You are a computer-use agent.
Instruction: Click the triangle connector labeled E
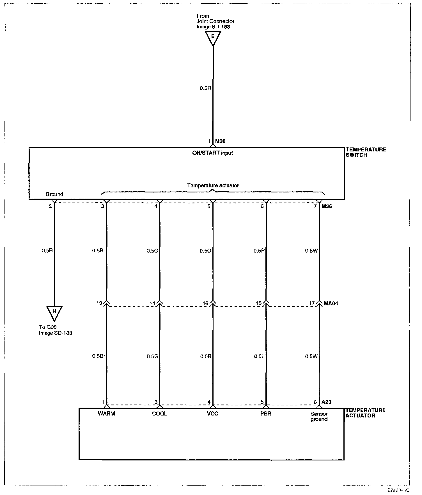click(x=213, y=37)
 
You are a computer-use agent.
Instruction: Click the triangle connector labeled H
click(x=54, y=312)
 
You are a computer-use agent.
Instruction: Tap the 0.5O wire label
click(x=205, y=251)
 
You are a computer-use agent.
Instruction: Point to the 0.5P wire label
click(x=259, y=251)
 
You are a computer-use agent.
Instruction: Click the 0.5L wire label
click(x=259, y=356)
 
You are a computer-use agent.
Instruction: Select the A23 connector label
click(x=326, y=402)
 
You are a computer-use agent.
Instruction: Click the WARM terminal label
click(x=106, y=414)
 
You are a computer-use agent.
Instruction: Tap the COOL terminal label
click(x=159, y=414)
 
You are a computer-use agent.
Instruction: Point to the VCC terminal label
click(x=212, y=414)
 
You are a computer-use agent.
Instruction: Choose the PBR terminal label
click(x=266, y=414)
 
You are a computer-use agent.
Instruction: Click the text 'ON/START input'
click(x=213, y=153)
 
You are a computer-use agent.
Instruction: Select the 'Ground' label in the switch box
click(x=54, y=194)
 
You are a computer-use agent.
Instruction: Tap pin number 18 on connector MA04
click(x=205, y=303)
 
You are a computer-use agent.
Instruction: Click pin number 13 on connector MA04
click(x=99, y=303)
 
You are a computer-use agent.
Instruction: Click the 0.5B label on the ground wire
click(x=47, y=251)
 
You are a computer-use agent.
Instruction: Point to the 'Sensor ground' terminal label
click(x=319, y=416)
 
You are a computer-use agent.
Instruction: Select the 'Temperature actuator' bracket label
click(x=213, y=185)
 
